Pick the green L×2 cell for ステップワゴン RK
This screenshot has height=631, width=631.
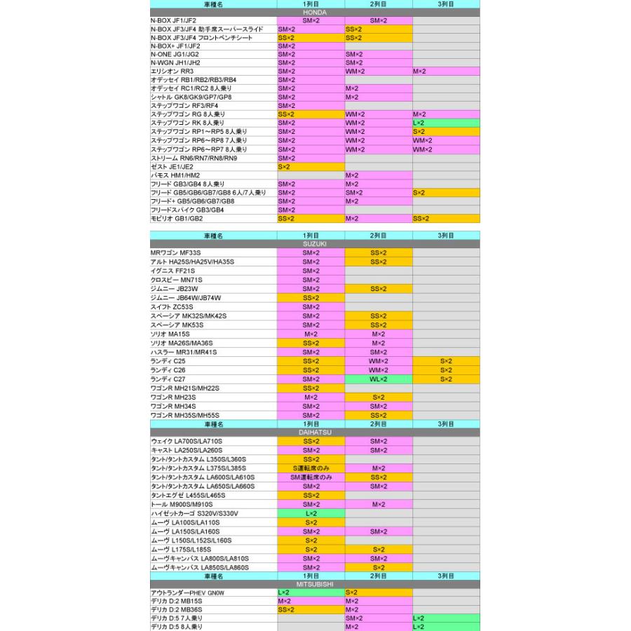(x=445, y=123)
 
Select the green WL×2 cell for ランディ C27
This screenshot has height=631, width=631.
(x=378, y=379)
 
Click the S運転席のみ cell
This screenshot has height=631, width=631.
(x=311, y=468)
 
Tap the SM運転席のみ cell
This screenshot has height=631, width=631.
(x=311, y=477)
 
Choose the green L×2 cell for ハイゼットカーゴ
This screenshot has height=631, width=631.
(x=311, y=514)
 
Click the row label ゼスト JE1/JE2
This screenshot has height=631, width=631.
(x=172, y=167)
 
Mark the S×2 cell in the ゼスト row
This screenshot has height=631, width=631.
(x=311, y=167)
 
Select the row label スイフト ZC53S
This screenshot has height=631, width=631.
(x=172, y=307)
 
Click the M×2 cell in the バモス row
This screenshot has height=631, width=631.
(x=378, y=175)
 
